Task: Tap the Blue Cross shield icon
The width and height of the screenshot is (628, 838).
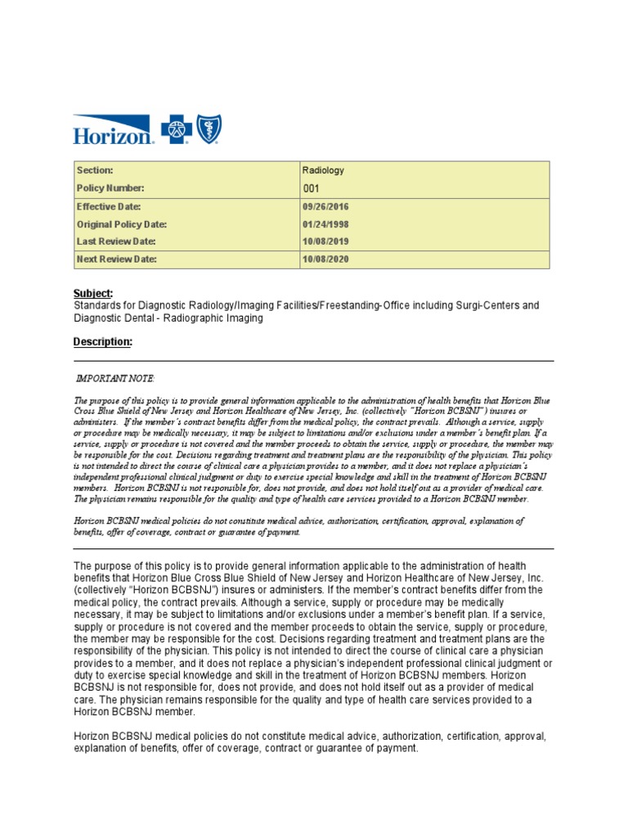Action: pos(177,130)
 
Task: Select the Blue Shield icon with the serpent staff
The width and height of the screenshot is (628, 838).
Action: pos(208,129)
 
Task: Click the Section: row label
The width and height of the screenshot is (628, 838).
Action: pos(95,170)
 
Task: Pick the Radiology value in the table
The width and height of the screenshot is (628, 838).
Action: pos(323,170)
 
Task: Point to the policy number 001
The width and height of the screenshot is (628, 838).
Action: pos(312,188)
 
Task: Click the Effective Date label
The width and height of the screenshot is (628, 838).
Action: pos(109,206)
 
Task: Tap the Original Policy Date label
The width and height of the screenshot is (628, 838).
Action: pos(122,224)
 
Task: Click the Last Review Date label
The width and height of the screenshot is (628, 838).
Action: pos(115,241)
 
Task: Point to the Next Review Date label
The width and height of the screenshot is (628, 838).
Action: pos(116,259)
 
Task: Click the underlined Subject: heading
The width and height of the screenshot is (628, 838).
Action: pos(93,293)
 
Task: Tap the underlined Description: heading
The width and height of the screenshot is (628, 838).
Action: pos(102,341)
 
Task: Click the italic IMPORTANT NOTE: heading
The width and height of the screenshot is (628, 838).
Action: pos(114,378)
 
